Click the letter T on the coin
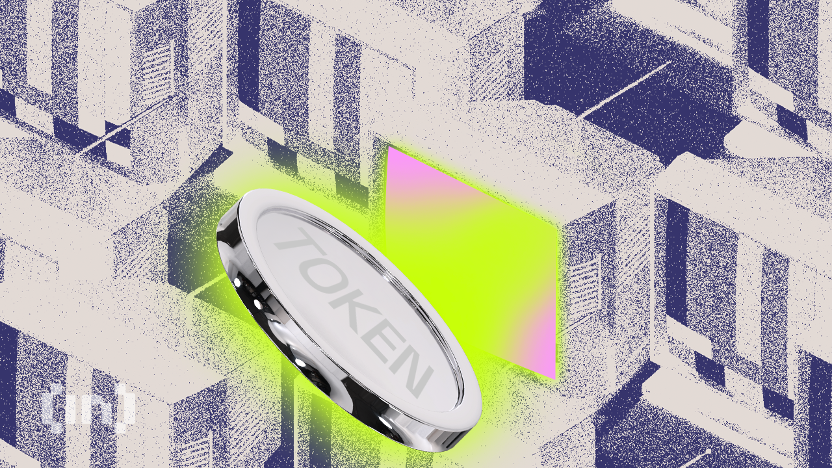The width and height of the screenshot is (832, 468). [293, 246]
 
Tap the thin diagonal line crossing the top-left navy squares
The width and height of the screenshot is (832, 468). [104, 140]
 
